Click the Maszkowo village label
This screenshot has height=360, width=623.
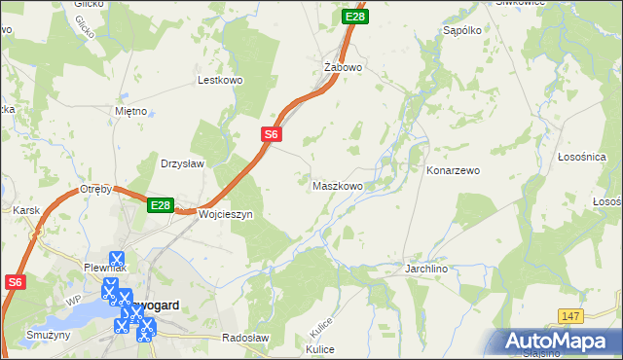pos(338,185)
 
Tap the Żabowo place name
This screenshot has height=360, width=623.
pos(343,67)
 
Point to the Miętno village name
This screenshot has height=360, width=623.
pos(130,111)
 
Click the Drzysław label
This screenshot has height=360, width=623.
pos(182,163)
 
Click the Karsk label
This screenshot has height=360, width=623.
pos(24,209)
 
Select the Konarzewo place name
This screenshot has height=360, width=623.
pos(454,170)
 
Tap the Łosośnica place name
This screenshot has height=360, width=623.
pos(582,157)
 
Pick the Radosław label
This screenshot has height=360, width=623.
pos(245,337)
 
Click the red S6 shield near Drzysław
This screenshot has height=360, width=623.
pos(272,135)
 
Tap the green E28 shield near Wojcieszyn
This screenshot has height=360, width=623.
pos(161,205)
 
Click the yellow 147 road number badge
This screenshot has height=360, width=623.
pos(571,317)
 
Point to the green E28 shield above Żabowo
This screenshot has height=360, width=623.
pos(355,17)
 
